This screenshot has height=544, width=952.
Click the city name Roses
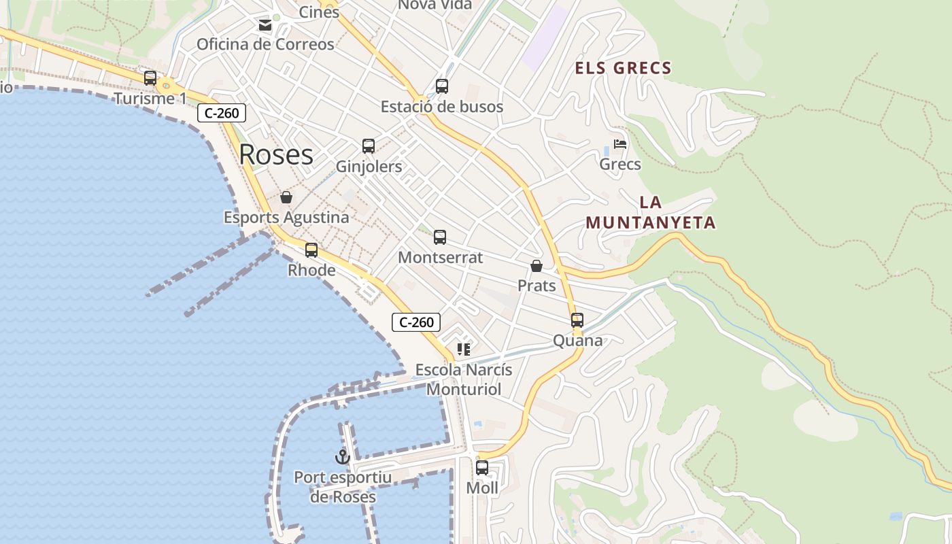click(x=276, y=155)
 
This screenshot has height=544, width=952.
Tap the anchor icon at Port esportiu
click(x=343, y=457)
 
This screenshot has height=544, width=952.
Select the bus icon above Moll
click(x=482, y=468)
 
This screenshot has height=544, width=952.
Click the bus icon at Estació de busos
click(x=442, y=86)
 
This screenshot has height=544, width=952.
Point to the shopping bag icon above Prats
click(x=537, y=266)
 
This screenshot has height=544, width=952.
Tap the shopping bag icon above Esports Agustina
click(x=286, y=197)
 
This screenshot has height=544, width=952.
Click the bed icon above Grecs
click(x=620, y=144)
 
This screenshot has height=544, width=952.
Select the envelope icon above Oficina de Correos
click(x=265, y=26)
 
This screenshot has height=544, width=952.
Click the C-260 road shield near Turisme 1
click(x=222, y=113)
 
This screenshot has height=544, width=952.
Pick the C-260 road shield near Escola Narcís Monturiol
click(x=416, y=322)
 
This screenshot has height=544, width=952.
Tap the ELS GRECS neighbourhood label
click(x=624, y=68)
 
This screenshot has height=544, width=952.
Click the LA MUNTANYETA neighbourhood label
click(x=651, y=213)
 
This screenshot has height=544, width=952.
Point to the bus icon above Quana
click(x=577, y=320)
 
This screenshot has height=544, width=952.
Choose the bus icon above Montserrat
click(x=440, y=237)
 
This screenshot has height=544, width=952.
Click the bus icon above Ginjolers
click(x=369, y=146)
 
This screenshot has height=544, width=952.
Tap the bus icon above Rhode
click(x=311, y=250)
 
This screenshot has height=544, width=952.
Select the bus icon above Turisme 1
click(x=150, y=78)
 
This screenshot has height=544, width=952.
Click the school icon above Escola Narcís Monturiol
click(x=464, y=350)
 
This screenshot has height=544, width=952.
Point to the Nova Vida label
click(x=435, y=5)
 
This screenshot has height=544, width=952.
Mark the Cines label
click(x=319, y=12)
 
